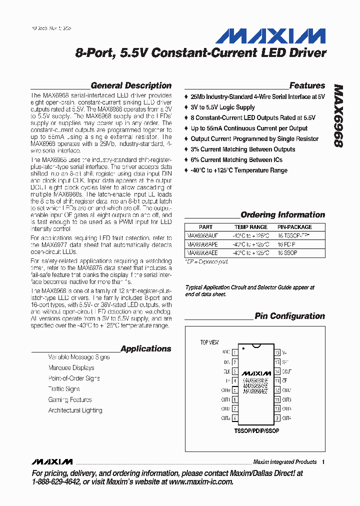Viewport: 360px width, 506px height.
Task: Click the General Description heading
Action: coord(131,85)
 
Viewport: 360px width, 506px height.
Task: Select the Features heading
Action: coord(306,85)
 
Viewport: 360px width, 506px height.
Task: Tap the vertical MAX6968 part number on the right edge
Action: coord(338,115)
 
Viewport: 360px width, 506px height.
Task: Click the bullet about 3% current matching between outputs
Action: coord(242,149)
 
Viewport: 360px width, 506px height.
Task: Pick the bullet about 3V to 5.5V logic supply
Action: coord(222,107)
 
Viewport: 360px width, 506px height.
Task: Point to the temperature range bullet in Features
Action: coord(238,170)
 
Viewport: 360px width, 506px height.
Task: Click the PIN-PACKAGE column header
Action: coord(294,227)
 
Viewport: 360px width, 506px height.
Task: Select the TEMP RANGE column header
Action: coord(251,227)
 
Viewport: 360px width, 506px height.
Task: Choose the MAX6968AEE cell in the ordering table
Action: coord(202,253)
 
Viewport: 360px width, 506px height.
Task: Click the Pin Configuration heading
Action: coord(289,316)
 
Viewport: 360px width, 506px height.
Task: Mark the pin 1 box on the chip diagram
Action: coord(234,352)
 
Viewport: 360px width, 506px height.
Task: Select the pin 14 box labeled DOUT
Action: coord(277,371)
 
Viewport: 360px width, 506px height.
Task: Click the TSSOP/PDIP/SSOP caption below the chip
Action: coord(256,430)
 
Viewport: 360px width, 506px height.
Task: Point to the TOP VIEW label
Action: coord(209,342)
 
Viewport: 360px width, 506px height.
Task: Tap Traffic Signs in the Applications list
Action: coord(64,389)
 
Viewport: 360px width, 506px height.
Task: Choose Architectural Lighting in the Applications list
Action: coord(75,410)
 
